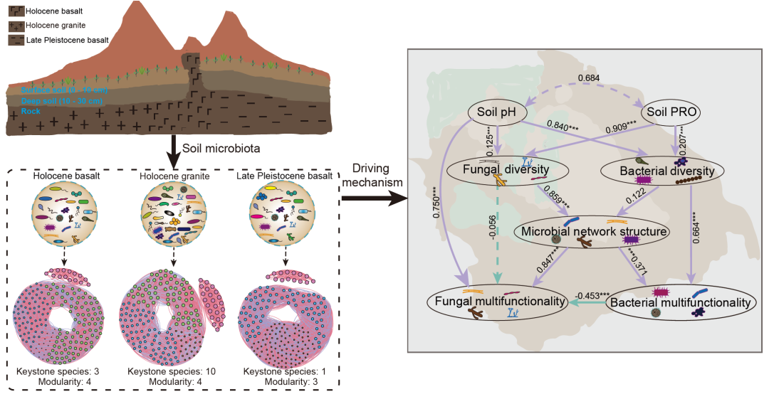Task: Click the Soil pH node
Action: (497, 112)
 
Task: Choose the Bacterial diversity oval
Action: (662, 171)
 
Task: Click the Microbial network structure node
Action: (593, 231)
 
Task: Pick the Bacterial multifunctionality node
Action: (679, 303)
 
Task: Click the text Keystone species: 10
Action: (171, 371)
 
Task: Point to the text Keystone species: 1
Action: (285, 371)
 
